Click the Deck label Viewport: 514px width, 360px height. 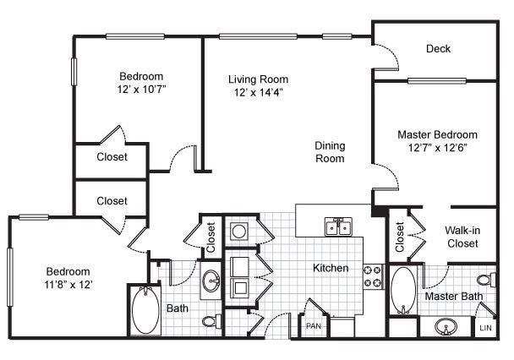438,49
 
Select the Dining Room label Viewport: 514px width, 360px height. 330,152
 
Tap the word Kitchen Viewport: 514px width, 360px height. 331,268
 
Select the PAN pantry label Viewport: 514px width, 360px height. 314,325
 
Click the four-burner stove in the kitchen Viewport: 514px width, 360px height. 373,275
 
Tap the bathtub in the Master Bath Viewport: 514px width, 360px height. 402,290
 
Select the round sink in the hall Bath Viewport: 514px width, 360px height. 211,282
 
